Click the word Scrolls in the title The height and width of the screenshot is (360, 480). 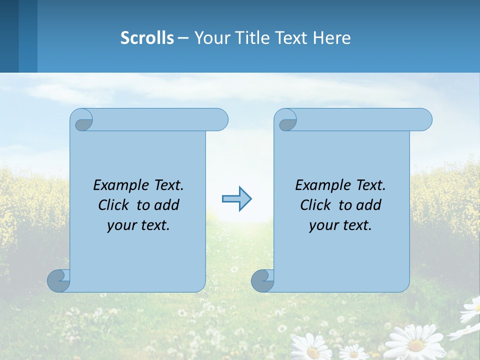(x=147, y=38)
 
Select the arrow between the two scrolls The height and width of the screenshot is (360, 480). (x=236, y=199)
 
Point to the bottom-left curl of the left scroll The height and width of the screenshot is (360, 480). (x=57, y=280)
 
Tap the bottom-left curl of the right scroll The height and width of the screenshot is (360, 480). (x=261, y=280)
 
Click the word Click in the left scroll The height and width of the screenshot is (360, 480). (x=113, y=205)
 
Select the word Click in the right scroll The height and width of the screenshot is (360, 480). (x=315, y=205)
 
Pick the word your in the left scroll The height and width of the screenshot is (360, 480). (x=120, y=226)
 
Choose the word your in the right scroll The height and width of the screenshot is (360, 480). (x=322, y=226)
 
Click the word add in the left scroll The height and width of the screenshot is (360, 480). (x=167, y=205)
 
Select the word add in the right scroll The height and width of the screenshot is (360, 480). (x=369, y=205)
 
